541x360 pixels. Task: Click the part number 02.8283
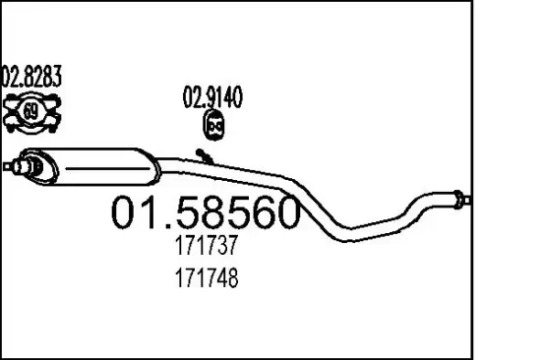31,76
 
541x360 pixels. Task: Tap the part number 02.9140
212,96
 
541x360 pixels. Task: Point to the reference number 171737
207,245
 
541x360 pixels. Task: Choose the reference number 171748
207,277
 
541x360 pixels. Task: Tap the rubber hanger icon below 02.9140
213,126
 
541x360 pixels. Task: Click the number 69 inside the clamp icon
31,111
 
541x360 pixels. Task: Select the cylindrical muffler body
90,166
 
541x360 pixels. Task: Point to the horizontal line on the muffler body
108,169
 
